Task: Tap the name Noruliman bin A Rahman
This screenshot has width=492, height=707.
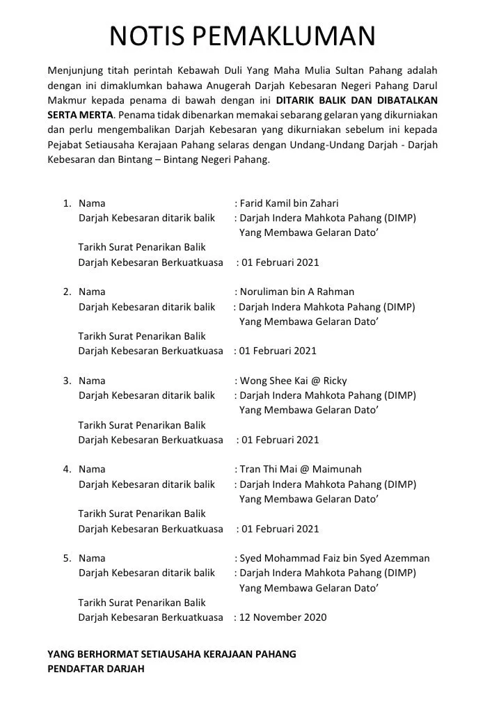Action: pos(296,292)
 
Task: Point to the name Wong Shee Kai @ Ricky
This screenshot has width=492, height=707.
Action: pos(293,381)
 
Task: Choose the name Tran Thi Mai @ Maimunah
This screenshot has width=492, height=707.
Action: pos(301,470)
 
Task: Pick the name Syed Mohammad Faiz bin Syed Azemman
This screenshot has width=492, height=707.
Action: pos(334,558)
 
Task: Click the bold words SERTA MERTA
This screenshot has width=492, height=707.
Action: pos(80,115)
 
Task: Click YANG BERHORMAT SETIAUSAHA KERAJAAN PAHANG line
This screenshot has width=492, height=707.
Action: pos(171,655)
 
